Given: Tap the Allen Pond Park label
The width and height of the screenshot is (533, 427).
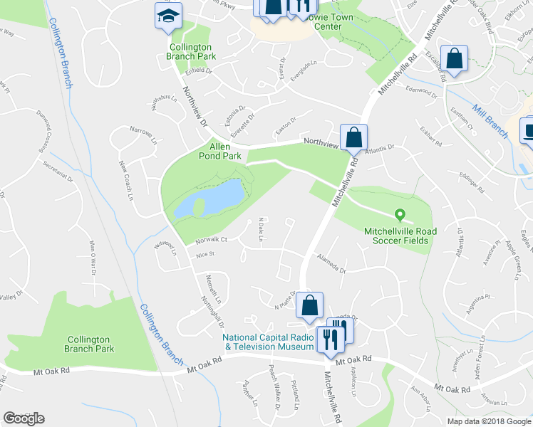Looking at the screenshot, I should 224,150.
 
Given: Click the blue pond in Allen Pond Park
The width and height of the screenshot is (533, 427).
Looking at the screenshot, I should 214,198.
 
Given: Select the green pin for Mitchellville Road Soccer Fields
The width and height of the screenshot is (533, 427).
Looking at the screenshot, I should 400,213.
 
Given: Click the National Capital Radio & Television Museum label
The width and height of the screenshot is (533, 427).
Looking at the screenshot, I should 268,342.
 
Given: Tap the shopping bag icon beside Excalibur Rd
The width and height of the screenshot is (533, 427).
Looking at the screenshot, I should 453,59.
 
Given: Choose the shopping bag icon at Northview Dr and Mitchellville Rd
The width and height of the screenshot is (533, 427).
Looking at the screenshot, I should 354,137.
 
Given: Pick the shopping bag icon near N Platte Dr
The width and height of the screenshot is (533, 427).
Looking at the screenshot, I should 309,305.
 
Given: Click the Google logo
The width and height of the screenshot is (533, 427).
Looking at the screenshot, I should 24,418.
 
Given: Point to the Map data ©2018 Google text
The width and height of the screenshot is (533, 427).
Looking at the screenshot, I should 489,421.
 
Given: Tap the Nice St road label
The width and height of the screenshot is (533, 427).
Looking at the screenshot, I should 205,253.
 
